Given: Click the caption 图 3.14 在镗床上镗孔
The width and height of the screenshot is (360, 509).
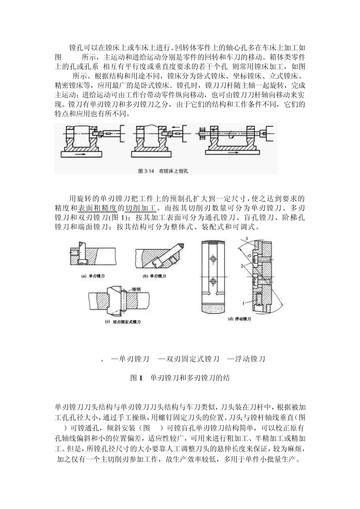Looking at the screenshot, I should tap(163, 171).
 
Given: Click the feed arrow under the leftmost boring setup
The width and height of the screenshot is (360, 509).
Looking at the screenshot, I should tap(81, 155).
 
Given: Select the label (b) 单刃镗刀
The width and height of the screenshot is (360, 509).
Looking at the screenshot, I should tap(154, 276).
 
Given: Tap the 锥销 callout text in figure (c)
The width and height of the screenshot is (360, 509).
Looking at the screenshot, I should tap(138, 289).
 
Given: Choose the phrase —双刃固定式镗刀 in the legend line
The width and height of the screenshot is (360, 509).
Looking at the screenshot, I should tap(188, 359).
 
